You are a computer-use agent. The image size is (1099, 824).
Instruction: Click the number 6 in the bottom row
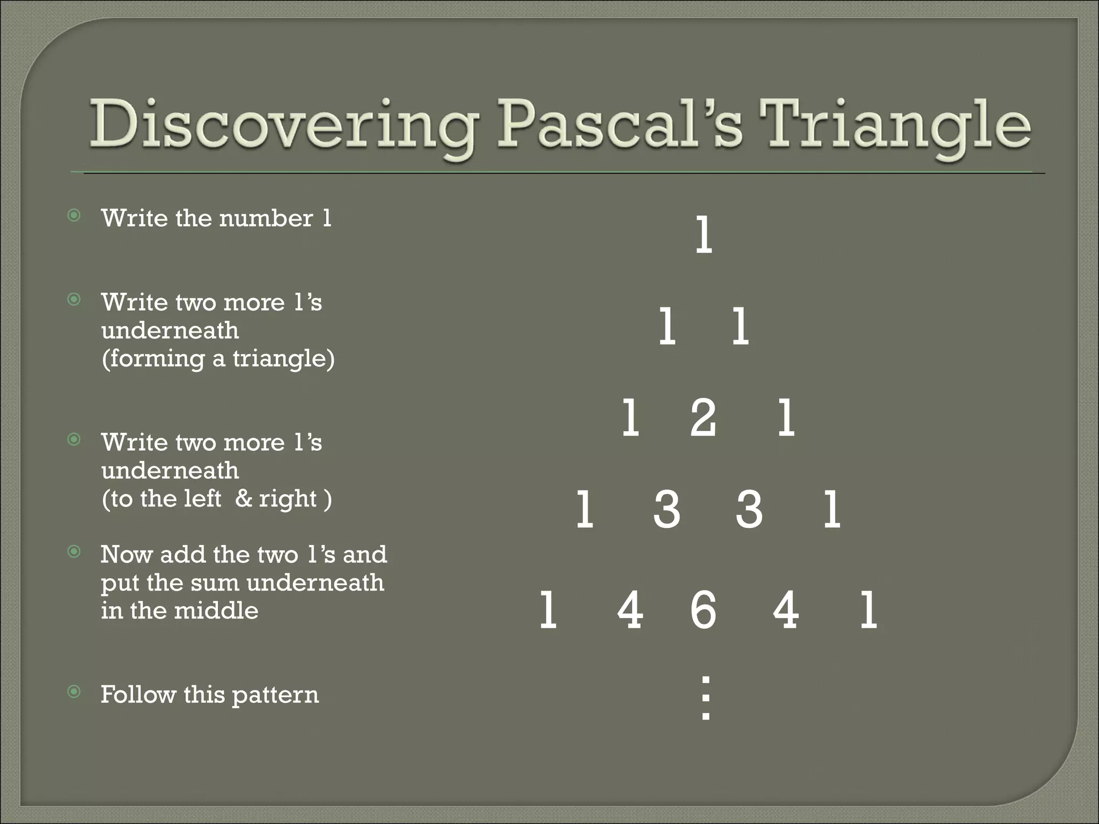[703, 609]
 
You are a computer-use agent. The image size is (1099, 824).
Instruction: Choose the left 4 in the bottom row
[630, 609]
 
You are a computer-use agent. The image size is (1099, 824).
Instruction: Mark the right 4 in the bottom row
[786, 609]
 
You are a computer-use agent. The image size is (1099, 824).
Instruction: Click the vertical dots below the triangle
[706, 697]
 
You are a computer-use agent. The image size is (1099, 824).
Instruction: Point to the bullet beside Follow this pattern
[74, 691]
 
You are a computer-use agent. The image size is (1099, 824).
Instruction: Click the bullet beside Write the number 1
[74, 216]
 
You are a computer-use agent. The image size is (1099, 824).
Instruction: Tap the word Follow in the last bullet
[138, 694]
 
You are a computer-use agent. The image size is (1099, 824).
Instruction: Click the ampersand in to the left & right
[244, 498]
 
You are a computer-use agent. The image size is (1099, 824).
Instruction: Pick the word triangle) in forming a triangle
[283, 358]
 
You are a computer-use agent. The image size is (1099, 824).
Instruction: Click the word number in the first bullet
[266, 218]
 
